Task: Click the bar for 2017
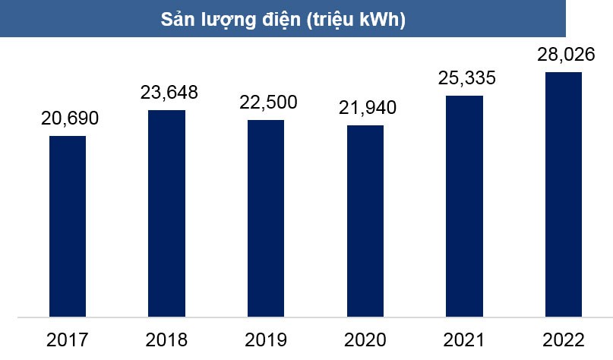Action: pyautogui.click(x=68, y=226)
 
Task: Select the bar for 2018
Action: pyautogui.click(x=166, y=213)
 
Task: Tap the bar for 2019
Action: pyautogui.click(x=266, y=217)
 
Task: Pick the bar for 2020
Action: pyautogui.click(x=365, y=220)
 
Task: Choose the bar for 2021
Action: pyautogui.click(x=464, y=205)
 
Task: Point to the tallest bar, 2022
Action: pyautogui.click(x=564, y=194)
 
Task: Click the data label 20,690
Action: pyautogui.click(x=68, y=118)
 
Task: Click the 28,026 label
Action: pyautogui.click(x=564, y=55)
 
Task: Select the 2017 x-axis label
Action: pyautogui.click(x=67, y=339)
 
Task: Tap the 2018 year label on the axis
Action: pyautogui.click(x=166, y=339)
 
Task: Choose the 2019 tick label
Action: pyautogui.click(x=266, y=339)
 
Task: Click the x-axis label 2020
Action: pyautogui.click(x=365, y=339)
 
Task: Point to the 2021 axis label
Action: pyautogui.click(x=464, y=339)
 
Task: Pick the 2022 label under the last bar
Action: pyautogui.click(x=564, y=339)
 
